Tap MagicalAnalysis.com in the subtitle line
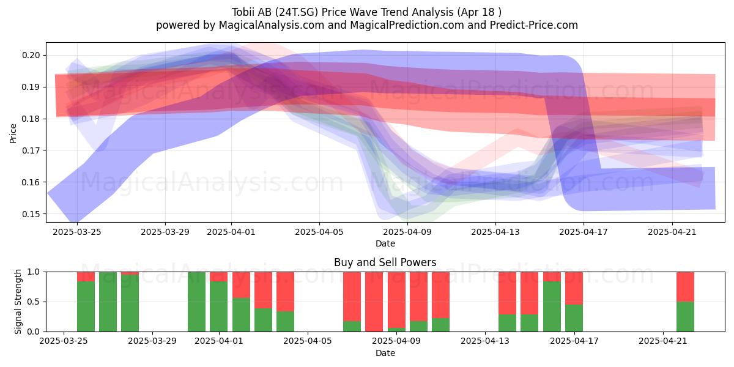pyautogui.click(x=272, y=25)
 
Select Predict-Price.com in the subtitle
pyautogui.click(x=534, y=25)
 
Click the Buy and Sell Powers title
pyautogui.click(x=385, y=262)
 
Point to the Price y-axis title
pyautogui.click(x=13, y=133)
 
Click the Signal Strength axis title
pyautogui.click(x=18, y=302)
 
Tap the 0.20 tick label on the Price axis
pyautogui.click(x=31, y=55)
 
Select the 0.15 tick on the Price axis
pyautogui.click(x=31, y=214)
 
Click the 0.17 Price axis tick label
pyautogui.click(x=31, y=150)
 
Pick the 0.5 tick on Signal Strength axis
pyautogui.click(x=34, y=302)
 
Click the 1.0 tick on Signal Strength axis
pyautogui.click(x=34, y=272)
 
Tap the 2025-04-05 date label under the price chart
pyautogui.click(x=319, y=232)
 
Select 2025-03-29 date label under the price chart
pyautogui.click(x=165, y=232)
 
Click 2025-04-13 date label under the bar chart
pyautogui.click(x=485, y=341)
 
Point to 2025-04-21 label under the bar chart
pyautogui.click(x=663, y=341)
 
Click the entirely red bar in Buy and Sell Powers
pyautogui.click(x=374, y=302)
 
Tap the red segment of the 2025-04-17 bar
pyautogui.click(x=574, y=288)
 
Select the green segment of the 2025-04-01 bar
pyautogui.click(x=219, y=306)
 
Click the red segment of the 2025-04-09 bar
pyautogui.click(x=396, y=300)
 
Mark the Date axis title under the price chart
pyautogui.click(x=385, y=243)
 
